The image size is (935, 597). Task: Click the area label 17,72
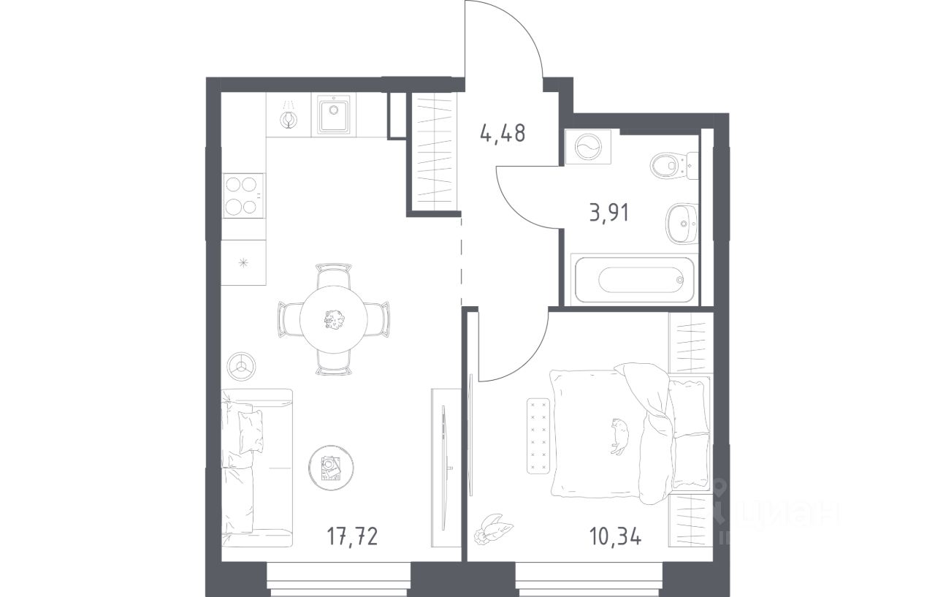click(352, 536)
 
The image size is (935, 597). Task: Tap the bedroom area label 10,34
click(615, 536)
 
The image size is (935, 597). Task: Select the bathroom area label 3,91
click(609, 213)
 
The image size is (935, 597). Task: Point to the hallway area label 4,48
click(503, 133)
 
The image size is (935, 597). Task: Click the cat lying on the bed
click(619, 436)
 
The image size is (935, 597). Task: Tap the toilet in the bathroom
click(673, 166)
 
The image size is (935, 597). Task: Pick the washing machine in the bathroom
click(588, 147)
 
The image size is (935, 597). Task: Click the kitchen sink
click(334, 114)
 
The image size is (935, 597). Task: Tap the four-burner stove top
click(243, 195)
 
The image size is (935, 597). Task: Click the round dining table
click(334, 319)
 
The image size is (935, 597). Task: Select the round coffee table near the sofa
click(331, 468)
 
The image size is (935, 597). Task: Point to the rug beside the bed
click(538, 436)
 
